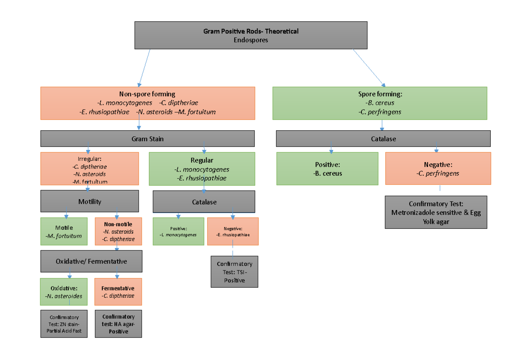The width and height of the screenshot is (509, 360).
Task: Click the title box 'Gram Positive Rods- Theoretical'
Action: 251,35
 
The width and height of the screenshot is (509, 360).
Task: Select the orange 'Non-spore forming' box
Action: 148,103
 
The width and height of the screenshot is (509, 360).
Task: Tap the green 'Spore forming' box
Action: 380,103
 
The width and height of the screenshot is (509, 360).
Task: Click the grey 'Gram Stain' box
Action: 148,139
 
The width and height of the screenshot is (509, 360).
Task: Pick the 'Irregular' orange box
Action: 89,169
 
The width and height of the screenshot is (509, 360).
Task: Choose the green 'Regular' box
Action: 202,169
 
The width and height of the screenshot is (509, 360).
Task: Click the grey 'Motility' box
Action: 89,201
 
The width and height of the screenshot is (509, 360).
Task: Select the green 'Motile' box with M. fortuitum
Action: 64,231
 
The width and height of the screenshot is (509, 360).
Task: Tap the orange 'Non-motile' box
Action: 118,231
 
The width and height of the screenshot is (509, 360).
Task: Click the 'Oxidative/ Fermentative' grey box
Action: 91,261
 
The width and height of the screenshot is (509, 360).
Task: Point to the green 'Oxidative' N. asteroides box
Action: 64,292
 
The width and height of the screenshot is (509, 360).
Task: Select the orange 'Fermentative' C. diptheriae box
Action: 118,292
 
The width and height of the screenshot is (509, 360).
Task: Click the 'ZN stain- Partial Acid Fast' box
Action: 64,324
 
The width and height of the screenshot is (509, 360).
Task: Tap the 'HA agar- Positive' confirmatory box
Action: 118,324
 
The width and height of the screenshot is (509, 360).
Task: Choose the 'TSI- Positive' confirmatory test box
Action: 235,272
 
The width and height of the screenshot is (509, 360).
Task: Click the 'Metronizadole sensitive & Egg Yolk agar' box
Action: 436,212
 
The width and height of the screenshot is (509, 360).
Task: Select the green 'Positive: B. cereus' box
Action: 327,169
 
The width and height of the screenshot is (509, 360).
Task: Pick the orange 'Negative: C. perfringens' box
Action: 438,169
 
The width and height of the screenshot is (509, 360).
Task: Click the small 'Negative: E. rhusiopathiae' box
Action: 232,231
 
